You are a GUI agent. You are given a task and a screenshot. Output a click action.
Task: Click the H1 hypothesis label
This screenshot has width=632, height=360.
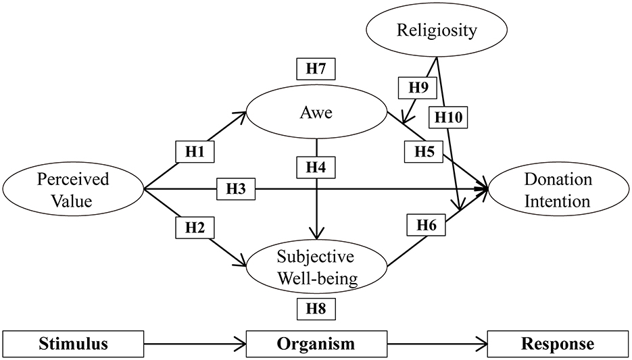pos(195,151)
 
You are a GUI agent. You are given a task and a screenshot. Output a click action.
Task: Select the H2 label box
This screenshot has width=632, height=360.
pos(195,228)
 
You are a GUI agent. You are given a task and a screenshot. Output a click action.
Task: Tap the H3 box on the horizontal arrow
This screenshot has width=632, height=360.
pos(237,190)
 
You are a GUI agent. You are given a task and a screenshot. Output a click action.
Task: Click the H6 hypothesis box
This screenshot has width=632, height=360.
pos(426,226)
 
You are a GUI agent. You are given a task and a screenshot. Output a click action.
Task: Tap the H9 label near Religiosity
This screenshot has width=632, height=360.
pos(417,87)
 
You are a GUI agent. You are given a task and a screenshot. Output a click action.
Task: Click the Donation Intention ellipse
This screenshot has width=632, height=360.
pos(557,190)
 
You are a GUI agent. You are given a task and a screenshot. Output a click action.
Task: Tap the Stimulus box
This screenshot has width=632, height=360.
pos(74,344)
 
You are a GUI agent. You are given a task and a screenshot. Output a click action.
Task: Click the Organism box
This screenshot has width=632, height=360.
pos(316,344)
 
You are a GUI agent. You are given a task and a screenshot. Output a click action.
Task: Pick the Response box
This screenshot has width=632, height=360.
pos(557,344)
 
